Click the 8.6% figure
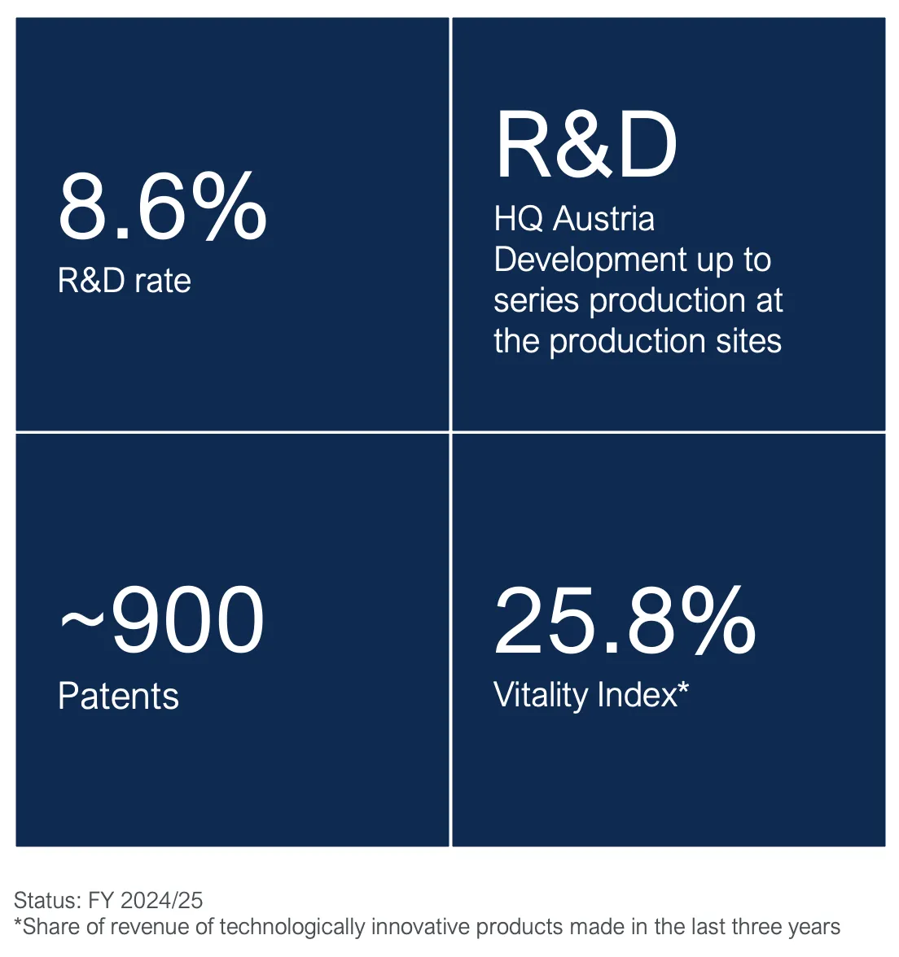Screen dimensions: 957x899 click(x=162, y=207)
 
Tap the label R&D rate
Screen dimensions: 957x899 click(x=125, y=281)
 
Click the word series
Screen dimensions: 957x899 click(x=537, y=300)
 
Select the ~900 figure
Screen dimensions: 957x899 click(x=162, y=621)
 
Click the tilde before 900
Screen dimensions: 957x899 click(x=82, y=622)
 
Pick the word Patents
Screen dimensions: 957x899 click(x=119, y=697)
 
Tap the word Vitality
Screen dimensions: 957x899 click(x=541, y=695)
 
